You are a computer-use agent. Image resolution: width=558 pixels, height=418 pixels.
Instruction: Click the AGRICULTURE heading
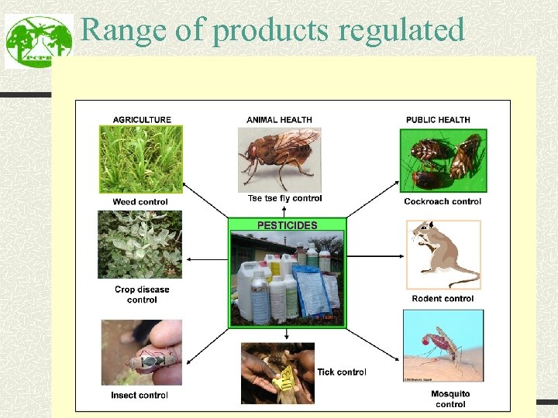[142, 120]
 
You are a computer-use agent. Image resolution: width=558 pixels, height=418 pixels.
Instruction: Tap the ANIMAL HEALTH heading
[279, 120]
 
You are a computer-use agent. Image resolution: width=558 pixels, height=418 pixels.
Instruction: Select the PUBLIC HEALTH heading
[438, 120]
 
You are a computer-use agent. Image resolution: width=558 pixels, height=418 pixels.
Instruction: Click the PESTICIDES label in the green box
[287, 225]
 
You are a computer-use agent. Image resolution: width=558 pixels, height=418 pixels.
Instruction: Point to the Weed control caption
[140, 202]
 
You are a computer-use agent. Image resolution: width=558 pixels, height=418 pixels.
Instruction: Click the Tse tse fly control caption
[284, 199]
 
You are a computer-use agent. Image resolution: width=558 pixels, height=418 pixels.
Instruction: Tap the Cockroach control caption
[443, 202]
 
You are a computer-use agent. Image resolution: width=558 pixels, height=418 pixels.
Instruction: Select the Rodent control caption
[443, 299]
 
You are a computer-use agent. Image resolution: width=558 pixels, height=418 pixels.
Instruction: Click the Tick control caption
[342, 372]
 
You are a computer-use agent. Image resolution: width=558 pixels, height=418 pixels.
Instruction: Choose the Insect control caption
[139, 396]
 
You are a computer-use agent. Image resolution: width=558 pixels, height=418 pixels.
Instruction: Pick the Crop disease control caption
[142, 295]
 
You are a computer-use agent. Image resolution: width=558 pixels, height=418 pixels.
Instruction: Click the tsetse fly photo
[279, 159]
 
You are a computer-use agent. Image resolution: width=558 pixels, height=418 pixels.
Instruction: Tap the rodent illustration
[443, 254]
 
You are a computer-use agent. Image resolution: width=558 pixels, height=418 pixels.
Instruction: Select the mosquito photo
[443, 344]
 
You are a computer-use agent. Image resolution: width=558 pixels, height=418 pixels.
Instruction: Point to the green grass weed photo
[140, 159]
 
